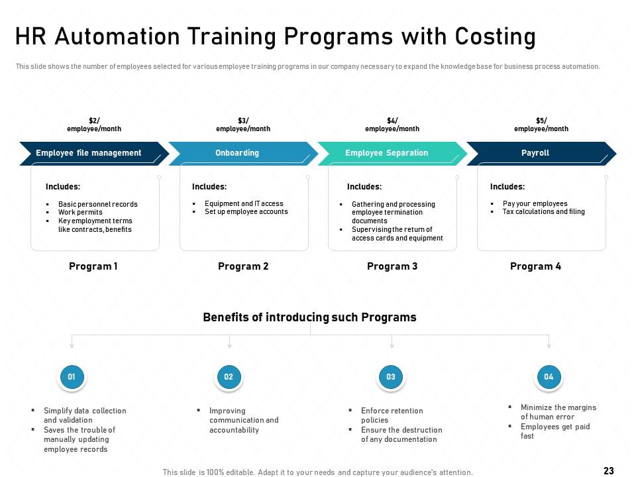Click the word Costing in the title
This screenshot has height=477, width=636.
[496, 37]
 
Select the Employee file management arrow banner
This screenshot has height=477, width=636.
[94, 153]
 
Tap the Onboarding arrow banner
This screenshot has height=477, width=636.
[243, 153]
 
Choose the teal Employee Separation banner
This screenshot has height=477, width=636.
[392, 153]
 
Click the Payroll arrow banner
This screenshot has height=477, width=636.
[541, 153]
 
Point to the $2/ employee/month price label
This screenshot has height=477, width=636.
[94, 125]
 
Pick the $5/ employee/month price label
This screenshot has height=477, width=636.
[541, 125]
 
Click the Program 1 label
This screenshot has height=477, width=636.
[93, 266]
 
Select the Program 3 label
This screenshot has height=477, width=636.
[392, 266]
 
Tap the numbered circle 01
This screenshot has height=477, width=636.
[72, 377]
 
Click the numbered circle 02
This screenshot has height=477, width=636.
[229, 377]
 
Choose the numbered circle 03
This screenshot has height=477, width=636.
[391, 377]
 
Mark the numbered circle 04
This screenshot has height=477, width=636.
[549, 377]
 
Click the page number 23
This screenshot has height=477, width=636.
[609, 470]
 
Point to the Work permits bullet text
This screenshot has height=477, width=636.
[80, 212]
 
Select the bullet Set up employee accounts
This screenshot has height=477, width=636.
[246, 211]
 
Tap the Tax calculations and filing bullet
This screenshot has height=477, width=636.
[543, 211]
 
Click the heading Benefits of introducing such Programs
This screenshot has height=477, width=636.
[309, 317]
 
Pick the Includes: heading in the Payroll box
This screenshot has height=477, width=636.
[507, 187]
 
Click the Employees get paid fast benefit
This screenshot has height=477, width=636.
[555, 431]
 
